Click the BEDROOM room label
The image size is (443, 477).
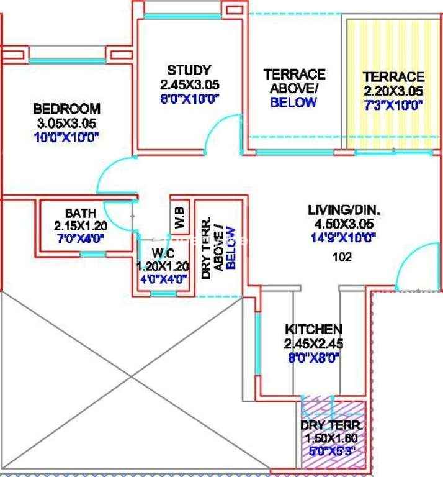[x=66, y=109]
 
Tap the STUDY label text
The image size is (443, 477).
[x=189, y=70]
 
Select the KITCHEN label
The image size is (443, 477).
[x=313, y=329]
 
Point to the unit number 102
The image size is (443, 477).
[x=342, y=257]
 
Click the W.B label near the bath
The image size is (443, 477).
[x=179, y=217]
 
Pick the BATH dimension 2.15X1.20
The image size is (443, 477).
[x=81, y=226]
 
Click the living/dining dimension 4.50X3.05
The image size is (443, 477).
[x=344, y=224]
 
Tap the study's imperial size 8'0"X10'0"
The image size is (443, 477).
[x=190, y=99]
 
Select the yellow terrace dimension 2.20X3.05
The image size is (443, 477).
[x=393, y=91]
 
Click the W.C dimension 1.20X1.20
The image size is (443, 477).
[x=163, y=266]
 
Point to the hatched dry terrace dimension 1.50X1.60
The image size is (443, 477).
[x=331, y=438]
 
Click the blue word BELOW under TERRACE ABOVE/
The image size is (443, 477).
[x=293, y=102]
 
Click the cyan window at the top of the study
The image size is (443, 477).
[x=182, y=16]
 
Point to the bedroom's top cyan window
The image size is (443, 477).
[x=67, y=61]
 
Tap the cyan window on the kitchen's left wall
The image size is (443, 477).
[x=257, y=343]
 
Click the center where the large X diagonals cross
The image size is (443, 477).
[x=132, y=377]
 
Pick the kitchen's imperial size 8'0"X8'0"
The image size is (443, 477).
[x=313, y=358]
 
